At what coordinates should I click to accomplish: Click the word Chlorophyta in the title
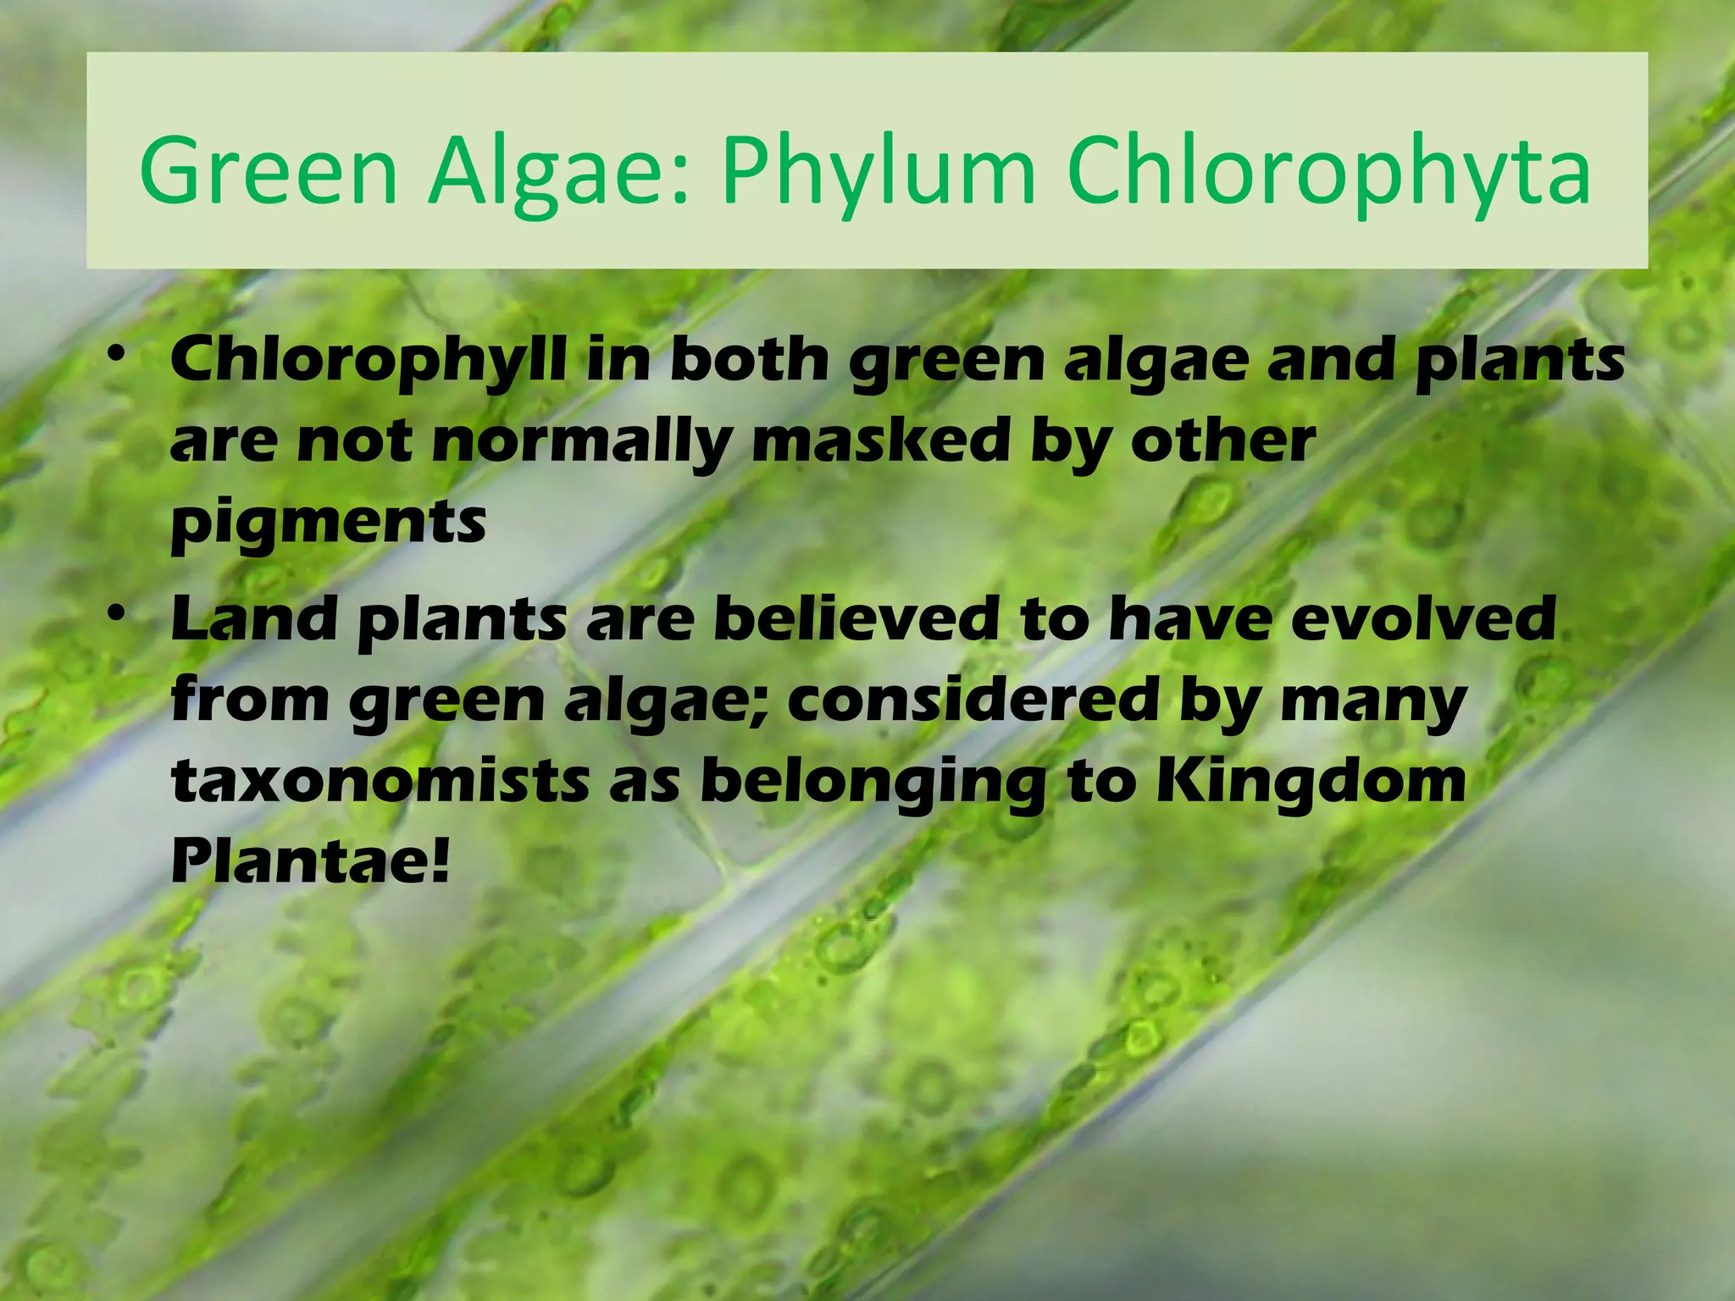click(x=1328, y=173)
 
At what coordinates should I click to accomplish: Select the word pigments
click(x=329, y=523)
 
